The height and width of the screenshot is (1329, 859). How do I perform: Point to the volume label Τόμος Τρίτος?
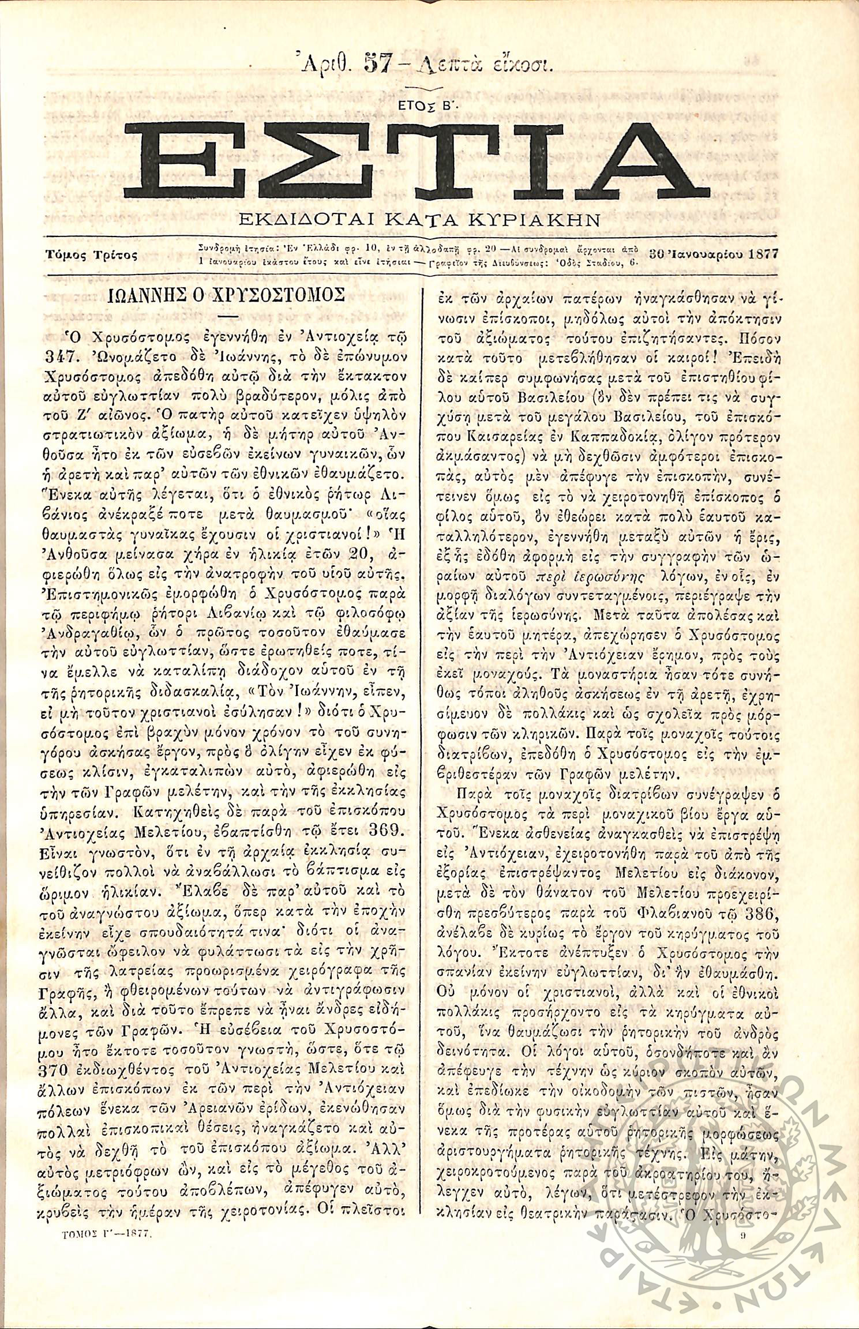click(x=91, y=254)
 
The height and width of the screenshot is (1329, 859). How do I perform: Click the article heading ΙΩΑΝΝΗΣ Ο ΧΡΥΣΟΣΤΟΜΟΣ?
click(x=227, y=296)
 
